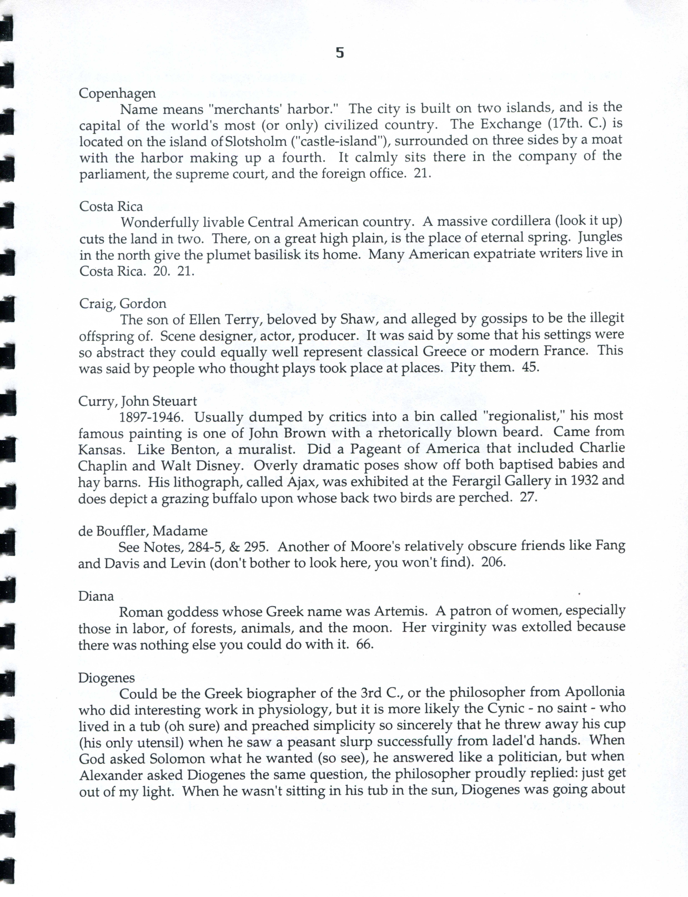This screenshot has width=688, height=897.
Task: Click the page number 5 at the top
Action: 340,53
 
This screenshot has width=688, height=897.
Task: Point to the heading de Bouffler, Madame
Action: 143,531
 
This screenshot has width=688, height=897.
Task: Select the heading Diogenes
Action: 106,678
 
